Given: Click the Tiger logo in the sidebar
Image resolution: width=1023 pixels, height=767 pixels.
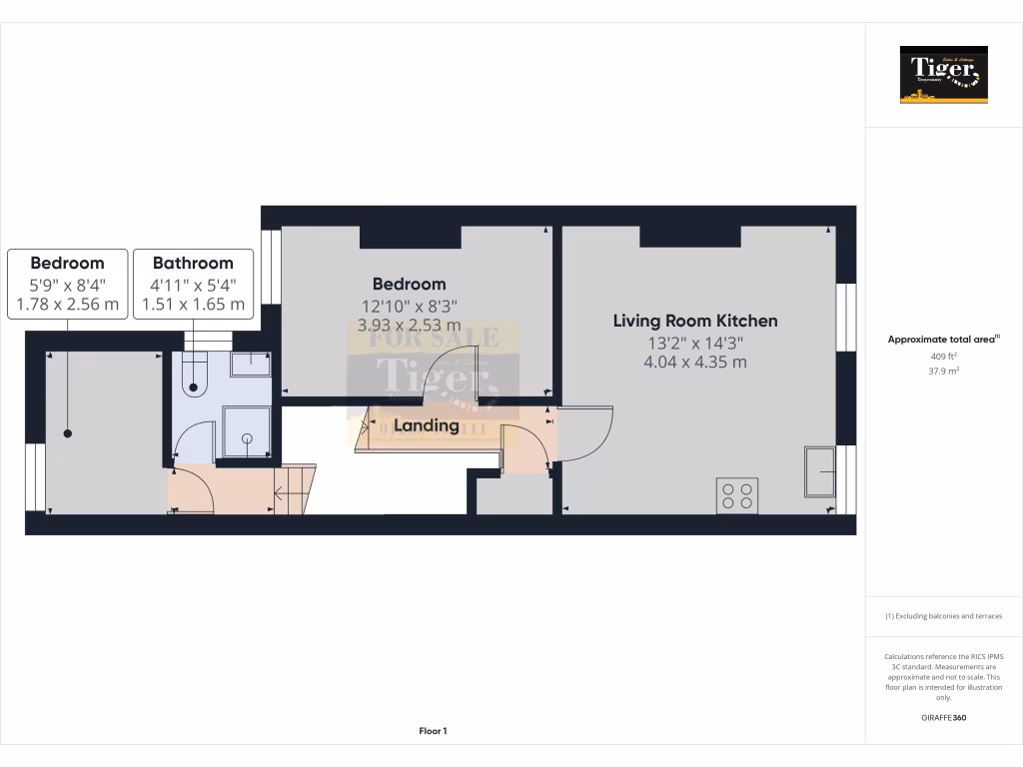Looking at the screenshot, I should point(943,75).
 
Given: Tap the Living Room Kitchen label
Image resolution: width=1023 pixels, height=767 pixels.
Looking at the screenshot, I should point(695,321).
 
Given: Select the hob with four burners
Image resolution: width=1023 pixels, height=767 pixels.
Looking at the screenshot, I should point(737,496).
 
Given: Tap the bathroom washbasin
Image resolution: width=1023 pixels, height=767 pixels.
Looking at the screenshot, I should point(250,364).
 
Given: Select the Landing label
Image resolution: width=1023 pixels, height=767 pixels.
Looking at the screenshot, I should point(427,425).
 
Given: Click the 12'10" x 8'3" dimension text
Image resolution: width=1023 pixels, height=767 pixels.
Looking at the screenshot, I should point(410,306).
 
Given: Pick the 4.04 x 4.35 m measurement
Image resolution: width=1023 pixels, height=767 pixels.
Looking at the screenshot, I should point(695,362).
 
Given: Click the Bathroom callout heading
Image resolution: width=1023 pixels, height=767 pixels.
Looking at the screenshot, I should point(193,264).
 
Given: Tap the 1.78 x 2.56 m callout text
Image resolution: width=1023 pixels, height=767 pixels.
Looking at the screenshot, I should point(68,304).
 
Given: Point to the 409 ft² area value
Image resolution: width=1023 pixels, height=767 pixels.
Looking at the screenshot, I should point(944,356).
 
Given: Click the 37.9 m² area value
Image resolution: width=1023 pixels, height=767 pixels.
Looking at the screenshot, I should point(944,371).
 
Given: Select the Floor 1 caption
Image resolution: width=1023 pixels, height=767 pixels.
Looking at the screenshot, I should point(433,731).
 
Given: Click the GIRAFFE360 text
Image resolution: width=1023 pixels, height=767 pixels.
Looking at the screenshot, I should point(944,717).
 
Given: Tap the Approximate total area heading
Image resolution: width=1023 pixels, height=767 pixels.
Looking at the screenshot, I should point(942,340).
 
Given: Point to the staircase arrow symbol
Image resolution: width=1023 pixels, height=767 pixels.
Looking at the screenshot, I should point(284,490).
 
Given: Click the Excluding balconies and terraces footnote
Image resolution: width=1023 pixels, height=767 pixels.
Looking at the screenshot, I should point(944,616).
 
